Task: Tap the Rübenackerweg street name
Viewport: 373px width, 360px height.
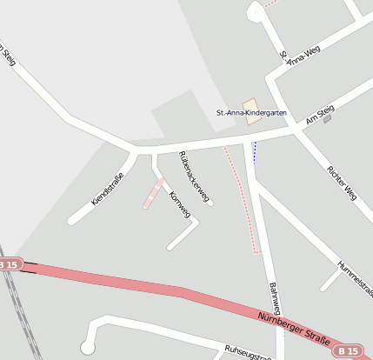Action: coord(194,177)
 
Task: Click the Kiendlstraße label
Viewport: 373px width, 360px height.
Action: coord(108,190)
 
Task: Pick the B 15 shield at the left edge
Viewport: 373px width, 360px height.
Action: coord(8,263)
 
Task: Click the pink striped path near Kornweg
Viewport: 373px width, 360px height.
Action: coord(153,193)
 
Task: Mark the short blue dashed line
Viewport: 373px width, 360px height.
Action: coord(254,151)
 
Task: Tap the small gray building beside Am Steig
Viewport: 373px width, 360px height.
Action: coord(328,119)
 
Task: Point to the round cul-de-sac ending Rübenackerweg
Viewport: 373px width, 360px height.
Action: coord(210,203)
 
